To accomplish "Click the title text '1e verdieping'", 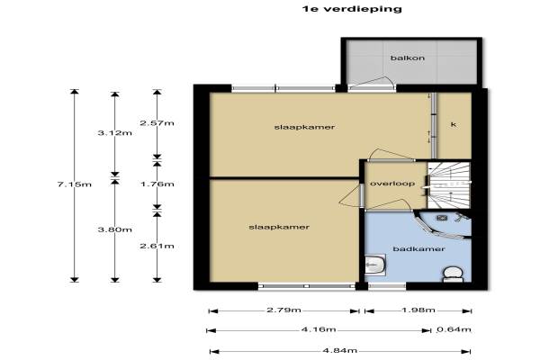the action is pos(352,9).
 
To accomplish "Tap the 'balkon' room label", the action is pos(408,58).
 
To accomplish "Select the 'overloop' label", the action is pos(392,184).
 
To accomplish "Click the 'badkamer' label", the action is pos(418,248).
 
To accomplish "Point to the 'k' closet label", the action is pos(454,124).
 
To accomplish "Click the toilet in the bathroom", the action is pos(453,274).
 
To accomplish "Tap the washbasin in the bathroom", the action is pos(375,265).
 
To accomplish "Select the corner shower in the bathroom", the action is pos(445,224).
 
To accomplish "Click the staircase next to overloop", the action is pos(449,185).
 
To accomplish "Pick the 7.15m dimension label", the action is pos(75,184).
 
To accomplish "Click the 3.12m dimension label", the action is pos(114,133).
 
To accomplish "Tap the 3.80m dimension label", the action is pos(114,229).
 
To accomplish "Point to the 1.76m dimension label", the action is pos(157,184).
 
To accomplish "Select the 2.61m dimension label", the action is pos(157,246).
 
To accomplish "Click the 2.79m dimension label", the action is pos(283,310).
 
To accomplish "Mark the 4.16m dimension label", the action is pos(319,329).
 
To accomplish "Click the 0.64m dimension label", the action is pos(454,329).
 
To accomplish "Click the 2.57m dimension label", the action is pos(157,123).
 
